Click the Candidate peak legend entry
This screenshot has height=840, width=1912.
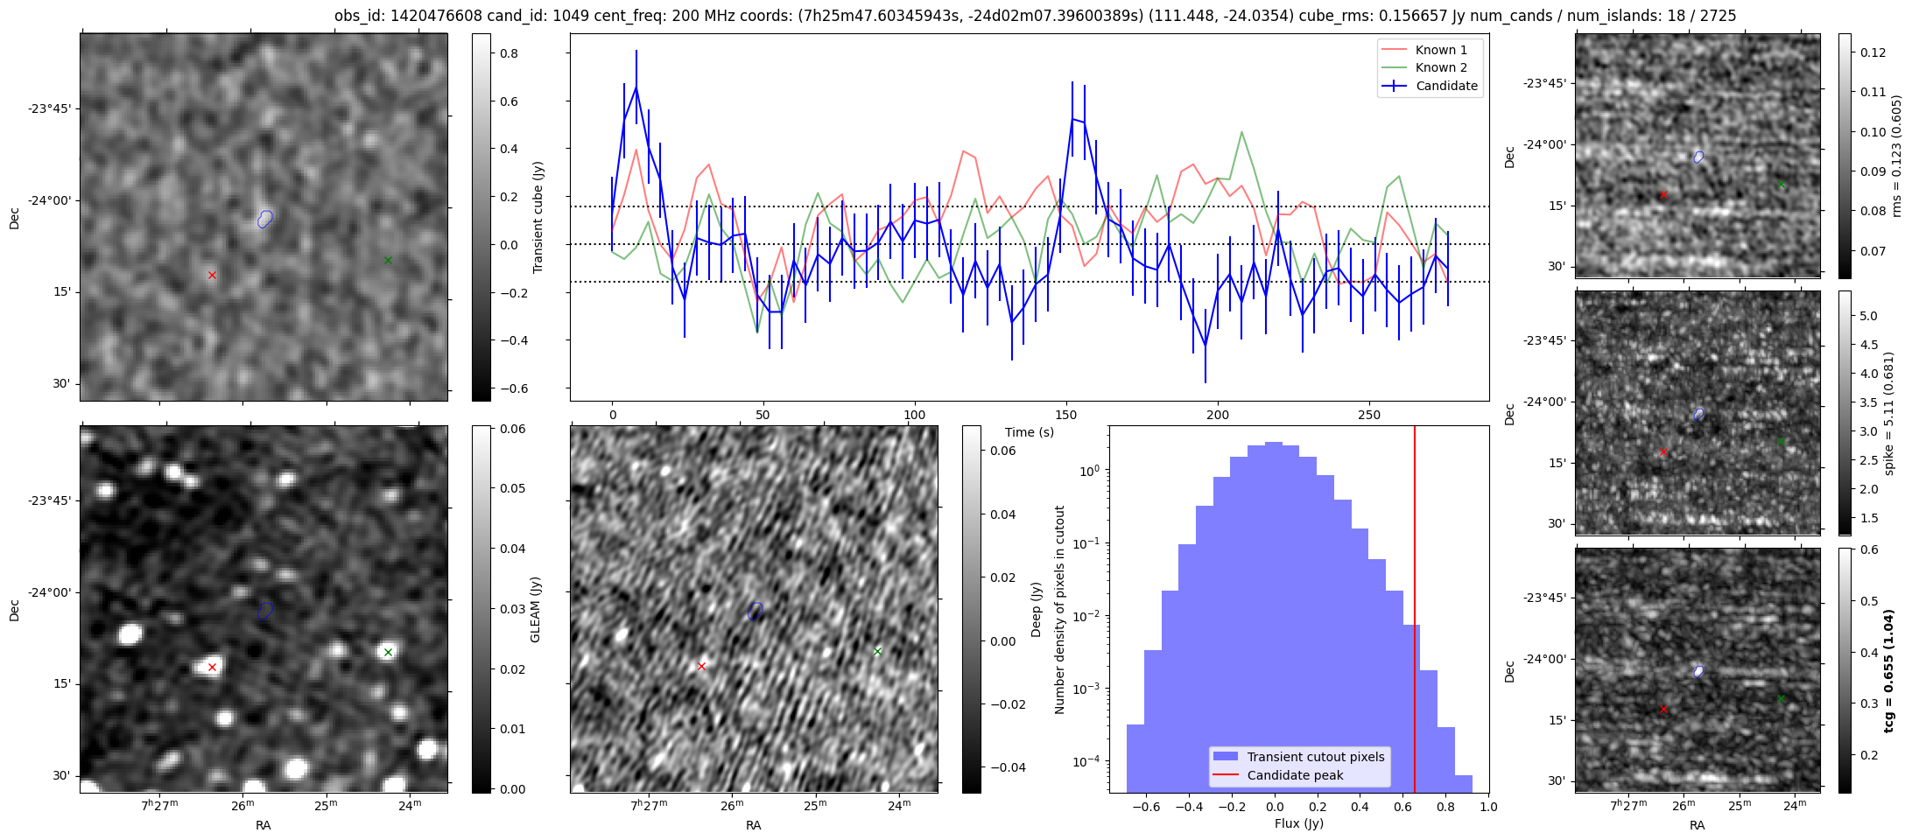1295,775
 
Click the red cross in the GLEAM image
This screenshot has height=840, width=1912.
212,668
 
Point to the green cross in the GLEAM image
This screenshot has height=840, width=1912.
388,652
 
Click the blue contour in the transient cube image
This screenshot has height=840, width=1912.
265,219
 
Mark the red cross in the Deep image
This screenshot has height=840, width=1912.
701,667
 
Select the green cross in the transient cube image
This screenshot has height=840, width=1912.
388,260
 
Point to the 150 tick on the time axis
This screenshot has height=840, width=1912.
1066,415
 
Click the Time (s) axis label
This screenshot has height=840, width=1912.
1030,432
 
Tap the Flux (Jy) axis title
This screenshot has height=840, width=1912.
1299,823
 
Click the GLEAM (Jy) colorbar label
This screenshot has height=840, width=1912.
536,609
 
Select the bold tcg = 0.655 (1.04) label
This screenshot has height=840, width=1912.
1889,670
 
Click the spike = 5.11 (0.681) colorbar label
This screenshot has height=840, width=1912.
1889,413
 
